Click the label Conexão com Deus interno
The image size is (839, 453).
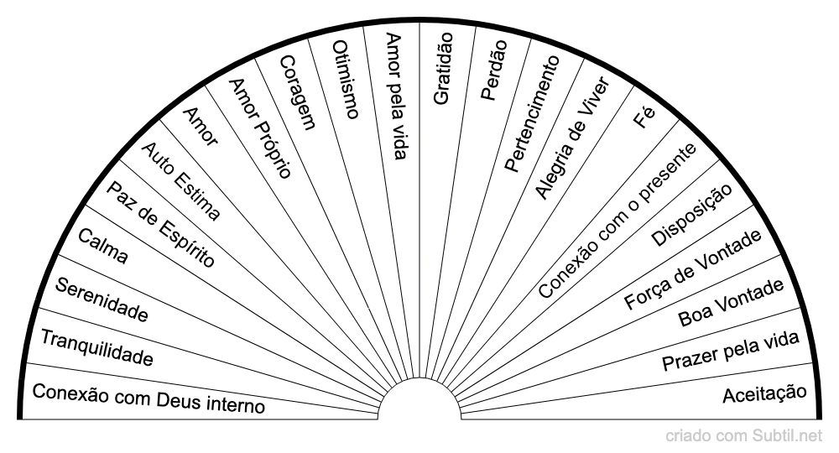point(148,398)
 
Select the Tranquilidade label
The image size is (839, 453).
point(96,349)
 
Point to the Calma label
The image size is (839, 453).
point(103,247)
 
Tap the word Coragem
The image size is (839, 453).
point(297,92)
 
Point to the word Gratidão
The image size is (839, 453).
point(442,68)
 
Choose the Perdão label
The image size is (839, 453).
point(492,70)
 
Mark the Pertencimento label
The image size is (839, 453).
point(532,114)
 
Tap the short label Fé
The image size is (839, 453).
point(644,117)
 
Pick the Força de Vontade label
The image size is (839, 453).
point(693,268)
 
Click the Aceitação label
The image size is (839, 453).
point(764,393)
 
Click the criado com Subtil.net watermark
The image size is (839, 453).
point(745,435)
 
